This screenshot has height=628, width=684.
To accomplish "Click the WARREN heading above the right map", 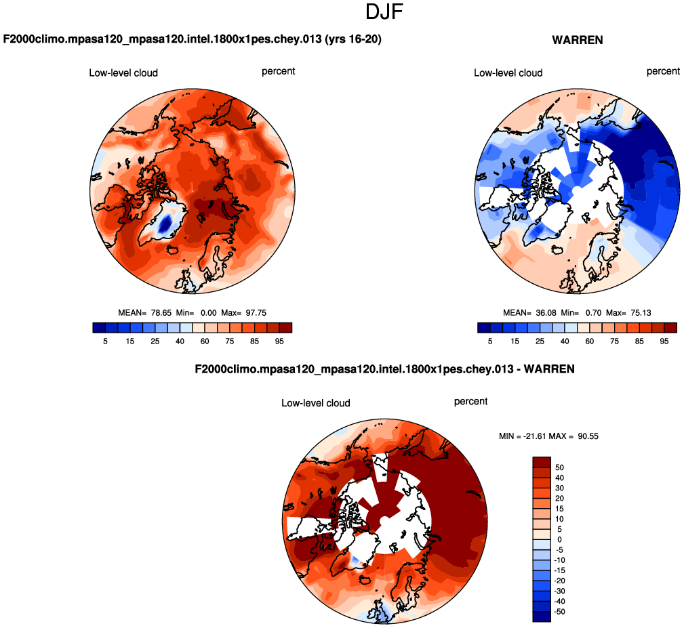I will click(578, 40).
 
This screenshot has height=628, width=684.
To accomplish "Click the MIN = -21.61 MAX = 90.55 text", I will click(548, 436).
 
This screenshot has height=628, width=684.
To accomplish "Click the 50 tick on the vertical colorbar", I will click(559, 467).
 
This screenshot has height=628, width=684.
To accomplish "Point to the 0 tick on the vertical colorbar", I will click(559, 539).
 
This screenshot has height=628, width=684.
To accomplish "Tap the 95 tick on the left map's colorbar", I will click(279, 341).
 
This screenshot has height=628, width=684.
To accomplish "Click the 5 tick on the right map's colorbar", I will click(490, 341).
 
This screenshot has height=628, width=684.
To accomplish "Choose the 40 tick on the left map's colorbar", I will click(180, 341).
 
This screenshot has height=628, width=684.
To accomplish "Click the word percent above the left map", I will click(279, 71).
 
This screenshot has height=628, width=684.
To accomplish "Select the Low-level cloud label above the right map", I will click(508, 72).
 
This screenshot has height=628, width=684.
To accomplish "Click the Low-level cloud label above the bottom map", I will click(316, 403).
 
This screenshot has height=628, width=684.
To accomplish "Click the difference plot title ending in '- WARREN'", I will click(384, 369).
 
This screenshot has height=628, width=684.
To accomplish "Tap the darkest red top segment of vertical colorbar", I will click(542, 461).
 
